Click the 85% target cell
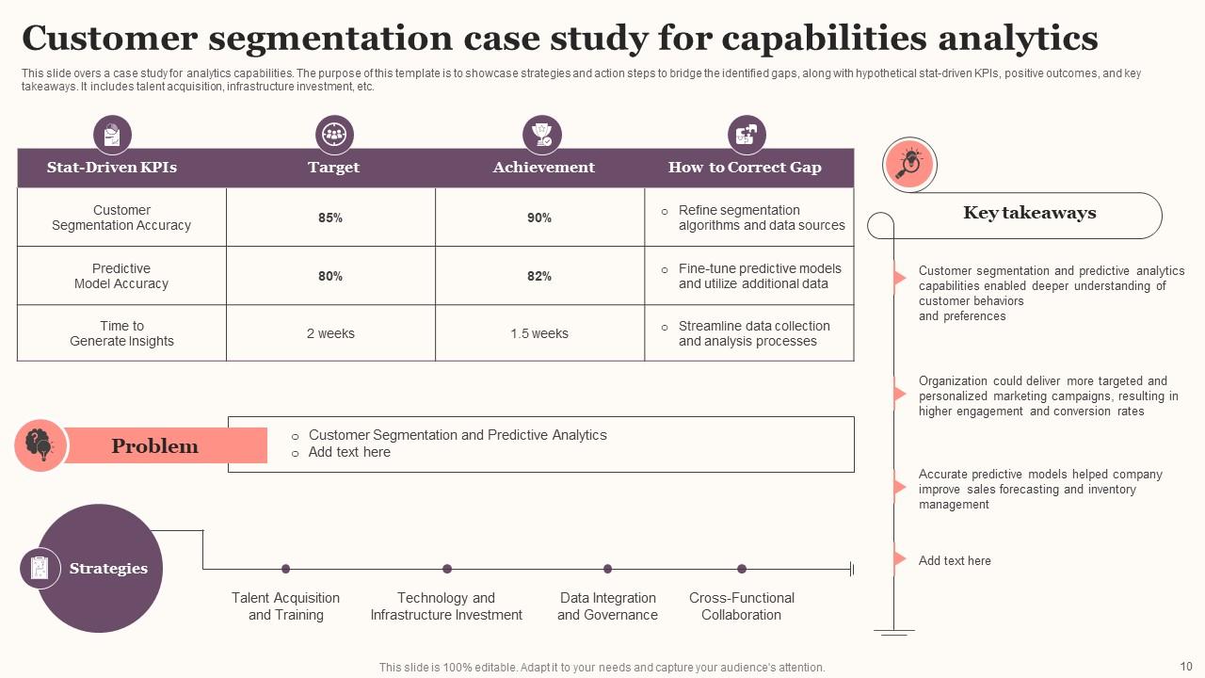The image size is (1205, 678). [x=330, y=218]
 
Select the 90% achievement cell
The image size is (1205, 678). [x=539, y=218]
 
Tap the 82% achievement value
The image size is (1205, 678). [x=539, y=276]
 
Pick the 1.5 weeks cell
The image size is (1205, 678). [x=539, y=333]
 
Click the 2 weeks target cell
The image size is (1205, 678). [x=330, y=333]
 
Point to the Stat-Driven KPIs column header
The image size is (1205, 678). [x=112, y=168]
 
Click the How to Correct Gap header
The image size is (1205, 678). [x=745, y=168]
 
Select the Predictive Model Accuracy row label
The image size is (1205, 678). [x=121, y=276]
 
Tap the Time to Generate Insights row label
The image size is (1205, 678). [x=121, y=333]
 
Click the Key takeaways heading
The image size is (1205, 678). [x=1029, y=213]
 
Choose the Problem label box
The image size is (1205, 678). [x=155, y=445]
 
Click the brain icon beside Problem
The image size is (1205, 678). [x=40, y=444]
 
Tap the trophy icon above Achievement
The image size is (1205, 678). [x=541, y=135]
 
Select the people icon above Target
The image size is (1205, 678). [x=334, y=135]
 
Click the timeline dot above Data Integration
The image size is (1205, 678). [x=607, y=569]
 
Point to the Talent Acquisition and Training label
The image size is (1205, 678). [x=285, y=606]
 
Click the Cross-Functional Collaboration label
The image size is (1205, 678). [x=741, y=606]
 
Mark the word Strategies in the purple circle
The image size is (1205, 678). [x=108, y=569]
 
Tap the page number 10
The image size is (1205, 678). [x=1185, y=666]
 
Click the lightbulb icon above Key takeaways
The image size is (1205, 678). [x=909, y=165]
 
